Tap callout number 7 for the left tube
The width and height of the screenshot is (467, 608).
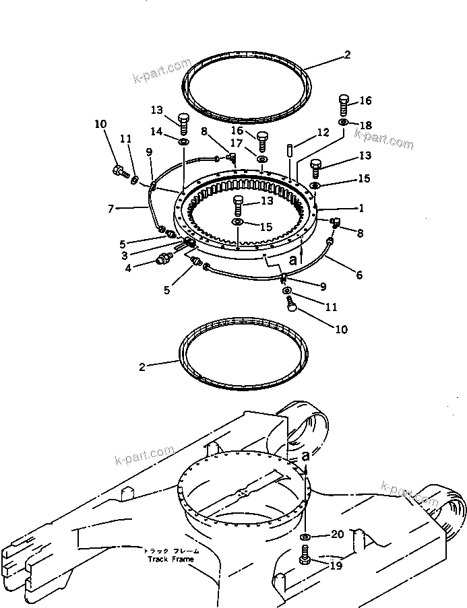point(112,209)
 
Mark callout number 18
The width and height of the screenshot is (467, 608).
point(365,125)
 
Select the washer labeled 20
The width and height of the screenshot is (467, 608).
point(305,536)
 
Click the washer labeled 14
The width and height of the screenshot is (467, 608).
point(184,142)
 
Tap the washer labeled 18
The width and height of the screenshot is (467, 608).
point(344,123)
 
